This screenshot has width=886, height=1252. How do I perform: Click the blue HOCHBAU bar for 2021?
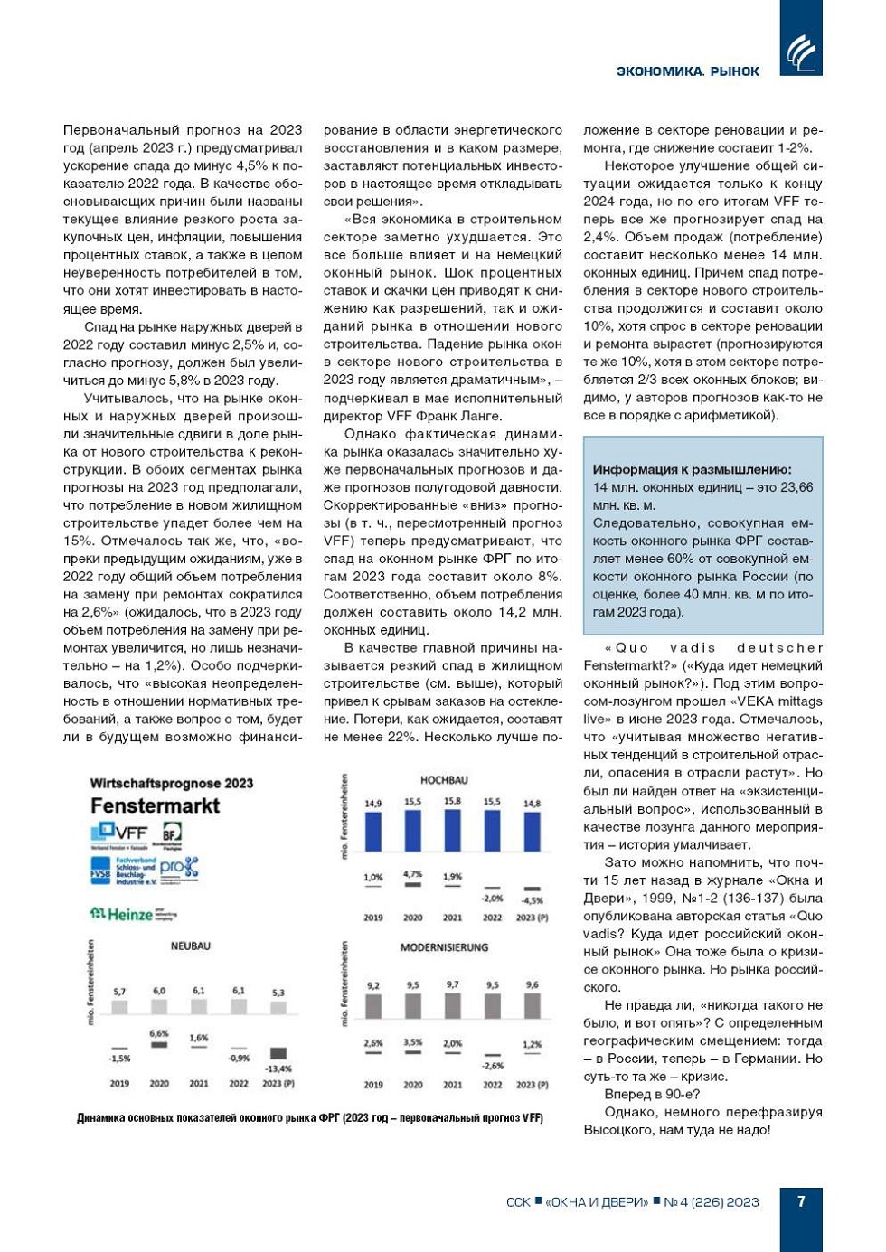point(452,831)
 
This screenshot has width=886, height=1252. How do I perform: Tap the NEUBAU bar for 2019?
point(119,1006)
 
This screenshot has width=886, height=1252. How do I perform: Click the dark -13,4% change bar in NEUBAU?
point(278,1053)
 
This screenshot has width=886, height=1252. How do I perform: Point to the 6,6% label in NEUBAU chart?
point(159,1033)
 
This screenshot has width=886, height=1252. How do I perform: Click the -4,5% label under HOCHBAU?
point(533,900)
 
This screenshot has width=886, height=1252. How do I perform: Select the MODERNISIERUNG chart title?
point(444,947)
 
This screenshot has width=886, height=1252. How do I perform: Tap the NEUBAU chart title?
point(190,946)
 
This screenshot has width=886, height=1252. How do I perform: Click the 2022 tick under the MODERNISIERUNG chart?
point(492,1085)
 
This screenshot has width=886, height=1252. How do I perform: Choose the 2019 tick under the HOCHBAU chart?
point(373,918)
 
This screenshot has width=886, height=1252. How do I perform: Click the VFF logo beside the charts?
point(121,833)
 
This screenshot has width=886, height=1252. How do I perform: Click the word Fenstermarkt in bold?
point(155,805)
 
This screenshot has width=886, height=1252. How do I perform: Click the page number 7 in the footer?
point(801,1201)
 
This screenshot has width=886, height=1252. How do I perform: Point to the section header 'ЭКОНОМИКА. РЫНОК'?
point(687,71)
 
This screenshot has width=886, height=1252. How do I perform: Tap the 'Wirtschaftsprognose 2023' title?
point(171,784)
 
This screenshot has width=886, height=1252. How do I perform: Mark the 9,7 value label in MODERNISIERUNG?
point(452,984)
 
